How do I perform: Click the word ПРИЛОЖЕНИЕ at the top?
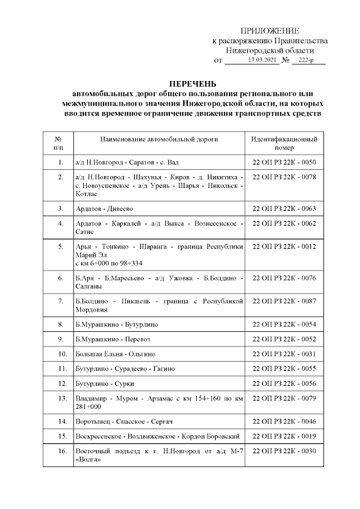(269, 31)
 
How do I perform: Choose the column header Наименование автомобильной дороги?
(159, 139)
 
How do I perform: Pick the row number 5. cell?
(60, 246)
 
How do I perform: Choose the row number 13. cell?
(60, 398)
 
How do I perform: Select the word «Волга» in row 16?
(88, 459)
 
